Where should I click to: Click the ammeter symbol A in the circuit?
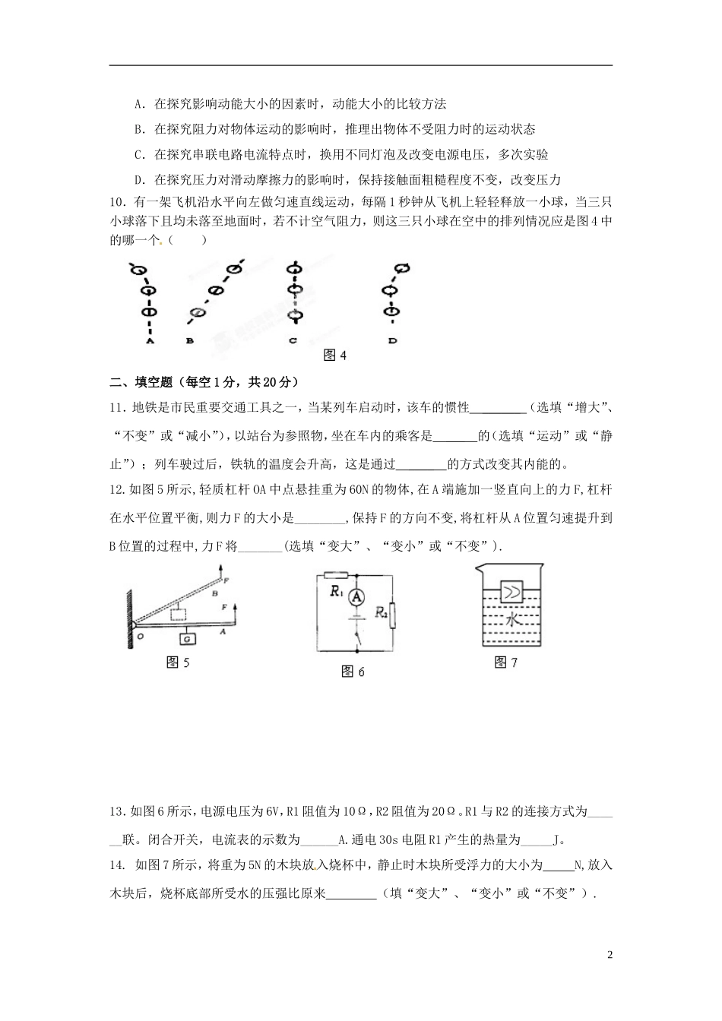[x=354, y=598]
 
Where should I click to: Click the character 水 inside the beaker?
[x=513, y=620]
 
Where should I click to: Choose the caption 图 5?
[x=177, y=662]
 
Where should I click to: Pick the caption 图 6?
[x=353, y=671]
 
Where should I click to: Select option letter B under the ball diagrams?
[x=189, y=341]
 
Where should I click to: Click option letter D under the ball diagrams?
[x=393, y=341]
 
